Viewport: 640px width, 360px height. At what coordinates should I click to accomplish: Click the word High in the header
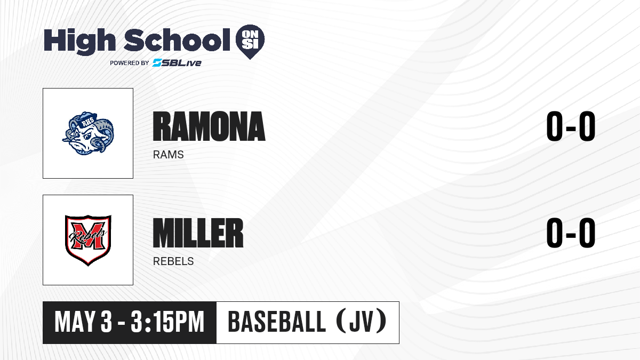(79, 41)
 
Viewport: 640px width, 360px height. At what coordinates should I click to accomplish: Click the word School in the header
(177, 40)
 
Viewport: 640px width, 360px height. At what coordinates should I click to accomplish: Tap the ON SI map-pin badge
(250, 42)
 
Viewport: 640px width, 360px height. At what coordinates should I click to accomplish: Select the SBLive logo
(177, 62)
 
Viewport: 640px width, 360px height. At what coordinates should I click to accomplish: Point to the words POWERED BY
(130, 63)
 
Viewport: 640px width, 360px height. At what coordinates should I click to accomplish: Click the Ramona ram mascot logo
(88, 133)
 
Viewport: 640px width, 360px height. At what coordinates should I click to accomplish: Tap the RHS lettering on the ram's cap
(86, 123)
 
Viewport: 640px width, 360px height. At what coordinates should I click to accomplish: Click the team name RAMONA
(209, 126)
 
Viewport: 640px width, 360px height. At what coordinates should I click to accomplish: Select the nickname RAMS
(169, 155)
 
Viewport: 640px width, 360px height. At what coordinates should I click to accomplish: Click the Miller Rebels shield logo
(88, 240)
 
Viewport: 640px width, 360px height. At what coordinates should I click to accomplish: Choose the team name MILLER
(198, 233)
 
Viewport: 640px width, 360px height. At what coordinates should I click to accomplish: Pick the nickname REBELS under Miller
(173, 261)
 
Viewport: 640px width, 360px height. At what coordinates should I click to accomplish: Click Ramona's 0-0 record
(571, 126)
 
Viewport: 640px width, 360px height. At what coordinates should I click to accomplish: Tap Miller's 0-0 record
(571, 233)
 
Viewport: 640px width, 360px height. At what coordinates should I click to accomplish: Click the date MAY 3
(83, 322)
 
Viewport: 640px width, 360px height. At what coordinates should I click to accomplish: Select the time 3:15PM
(167, 322)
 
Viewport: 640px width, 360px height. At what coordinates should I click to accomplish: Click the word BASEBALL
(277, 322)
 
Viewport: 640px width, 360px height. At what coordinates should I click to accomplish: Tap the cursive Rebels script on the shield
(88, 236)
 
